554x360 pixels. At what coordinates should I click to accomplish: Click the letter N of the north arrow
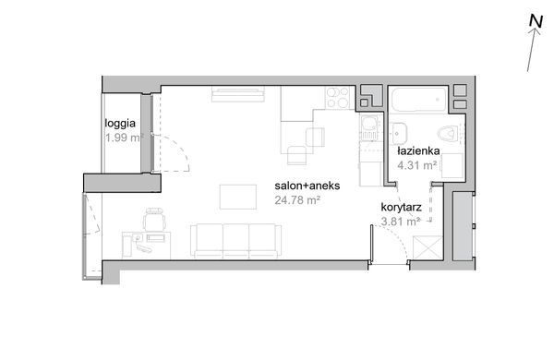coord(536,21)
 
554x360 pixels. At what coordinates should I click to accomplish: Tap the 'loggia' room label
coord(120,124)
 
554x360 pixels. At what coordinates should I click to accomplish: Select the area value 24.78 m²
coord(297,200)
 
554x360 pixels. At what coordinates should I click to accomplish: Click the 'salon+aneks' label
coord(307,186)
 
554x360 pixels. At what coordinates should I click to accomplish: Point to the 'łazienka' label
coord(418,150)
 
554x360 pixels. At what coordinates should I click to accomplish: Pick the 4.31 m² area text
coord(417,165)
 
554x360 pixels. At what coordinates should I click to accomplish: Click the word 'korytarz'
coord(402,208)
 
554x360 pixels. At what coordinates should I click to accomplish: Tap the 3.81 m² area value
coord(401,222)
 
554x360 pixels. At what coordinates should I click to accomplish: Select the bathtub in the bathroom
coord(419,99)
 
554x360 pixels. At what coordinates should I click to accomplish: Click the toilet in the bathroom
coord(448,134)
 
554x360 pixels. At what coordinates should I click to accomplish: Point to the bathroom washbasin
coord(399,134)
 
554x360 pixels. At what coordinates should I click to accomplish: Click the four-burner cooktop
coord(337,98)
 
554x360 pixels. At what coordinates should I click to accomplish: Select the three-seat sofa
coord(236,240)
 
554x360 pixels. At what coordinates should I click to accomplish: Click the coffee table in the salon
coord(238,197)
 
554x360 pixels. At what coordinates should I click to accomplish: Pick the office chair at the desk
coord(155,219)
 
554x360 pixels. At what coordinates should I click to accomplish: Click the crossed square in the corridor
coord(428,247)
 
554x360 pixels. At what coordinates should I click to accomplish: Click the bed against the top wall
coord(238,94)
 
